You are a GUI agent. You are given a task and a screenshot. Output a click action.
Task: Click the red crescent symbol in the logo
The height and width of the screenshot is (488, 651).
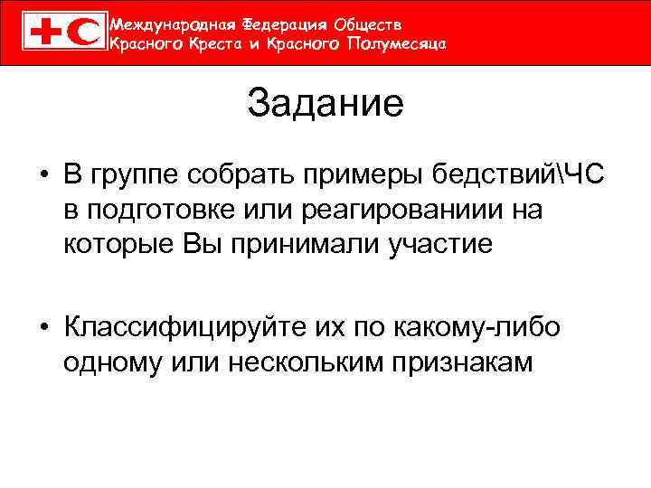[83, 33]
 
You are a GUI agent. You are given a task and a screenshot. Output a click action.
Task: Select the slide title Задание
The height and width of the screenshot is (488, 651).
[325, 104]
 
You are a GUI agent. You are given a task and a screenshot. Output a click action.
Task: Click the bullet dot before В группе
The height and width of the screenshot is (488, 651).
[42, 174]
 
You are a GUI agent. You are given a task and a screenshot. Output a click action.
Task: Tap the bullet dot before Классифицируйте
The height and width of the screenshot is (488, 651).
[42, 327]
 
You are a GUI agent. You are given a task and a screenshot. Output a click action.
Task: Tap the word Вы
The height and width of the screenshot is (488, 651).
[202, 244]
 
